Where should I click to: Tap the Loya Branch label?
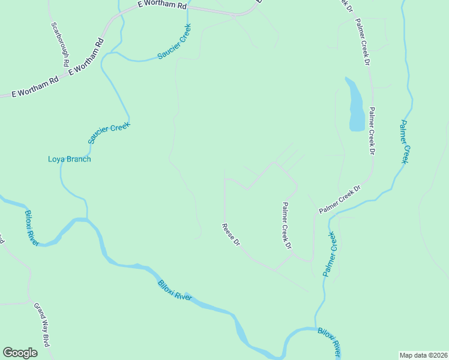[70, 159]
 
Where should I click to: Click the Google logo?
[20, 353]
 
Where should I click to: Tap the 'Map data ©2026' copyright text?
[423, 355]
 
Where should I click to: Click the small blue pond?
[355, 105]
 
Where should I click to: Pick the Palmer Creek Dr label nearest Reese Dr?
[287, 226]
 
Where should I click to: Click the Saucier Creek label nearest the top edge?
[174, 41]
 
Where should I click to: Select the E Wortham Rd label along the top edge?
[162, 5]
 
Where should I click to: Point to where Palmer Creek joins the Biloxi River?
[316, 328]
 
